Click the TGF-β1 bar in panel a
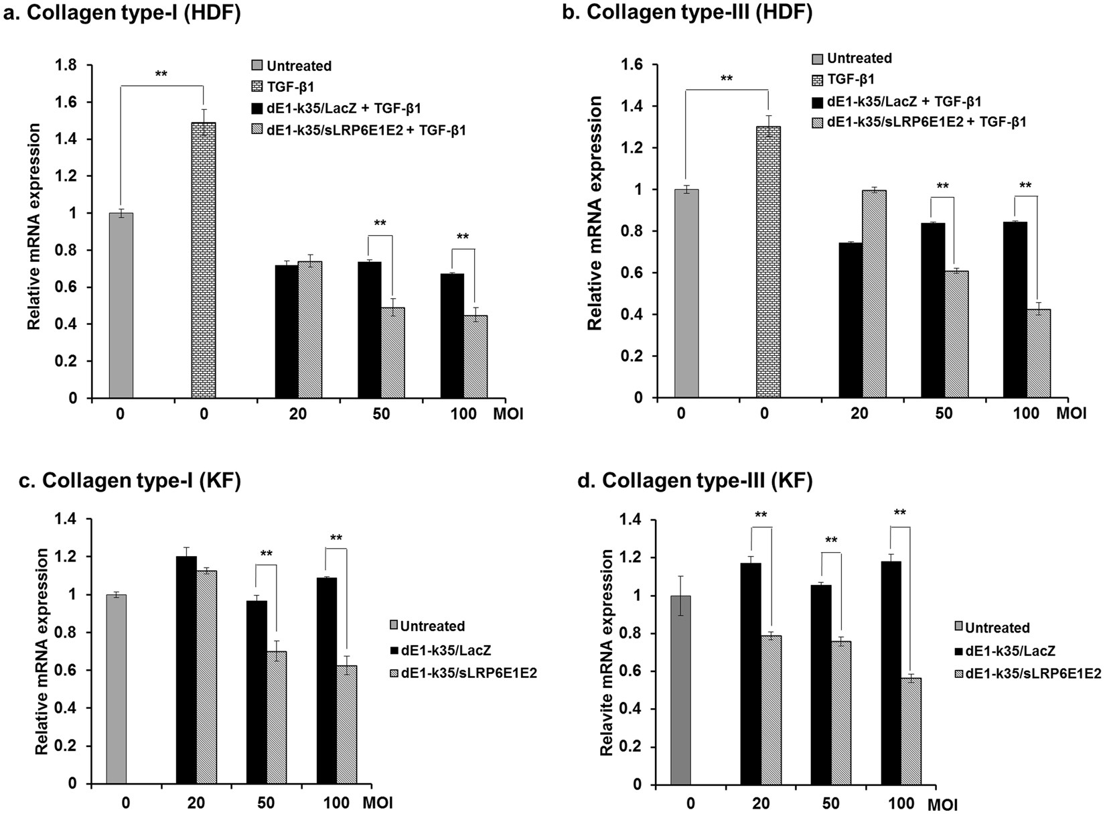204,261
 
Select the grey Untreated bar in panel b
686,295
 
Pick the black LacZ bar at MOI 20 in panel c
186,670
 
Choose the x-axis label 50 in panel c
266,803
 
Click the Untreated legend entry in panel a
299,66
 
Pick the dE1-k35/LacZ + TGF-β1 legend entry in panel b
904,101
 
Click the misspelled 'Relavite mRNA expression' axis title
607,653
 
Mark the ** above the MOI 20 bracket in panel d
761,515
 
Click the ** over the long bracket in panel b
726,78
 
